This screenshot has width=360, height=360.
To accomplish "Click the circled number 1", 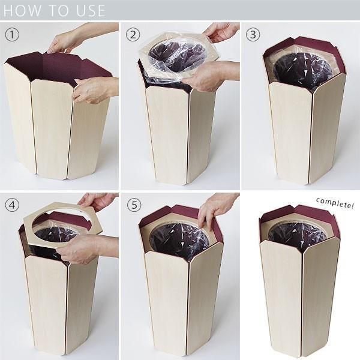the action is [x=12, y=35].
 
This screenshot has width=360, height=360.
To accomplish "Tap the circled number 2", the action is [x=133, y=35].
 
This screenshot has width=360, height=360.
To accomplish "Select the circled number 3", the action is [x=253, y=35].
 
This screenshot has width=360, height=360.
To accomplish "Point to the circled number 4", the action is [x=12, y=205].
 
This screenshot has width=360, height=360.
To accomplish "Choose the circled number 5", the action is [x=134, y=205].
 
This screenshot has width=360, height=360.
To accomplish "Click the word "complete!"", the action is [x=335, y=203].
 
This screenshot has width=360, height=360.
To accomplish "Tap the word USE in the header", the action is [x=91, y=11].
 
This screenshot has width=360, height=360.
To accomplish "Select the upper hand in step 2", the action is [x=220, y=32].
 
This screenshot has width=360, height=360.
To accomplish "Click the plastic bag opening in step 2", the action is [x=177, y=55].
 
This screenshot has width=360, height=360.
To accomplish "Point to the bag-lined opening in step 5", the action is [x=179, y=241].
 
